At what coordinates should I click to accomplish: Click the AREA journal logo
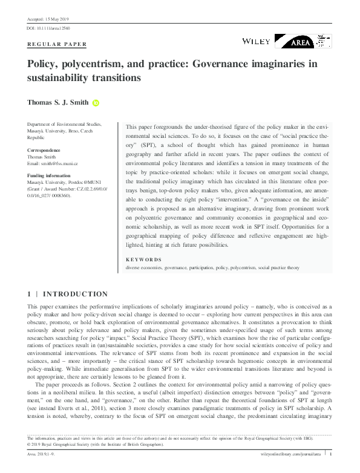pos(303,41)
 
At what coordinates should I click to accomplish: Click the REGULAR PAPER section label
pos(57,45)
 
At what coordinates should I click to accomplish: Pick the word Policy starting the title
pos(42,64)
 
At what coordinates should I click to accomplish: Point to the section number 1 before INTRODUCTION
pos(30,294)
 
